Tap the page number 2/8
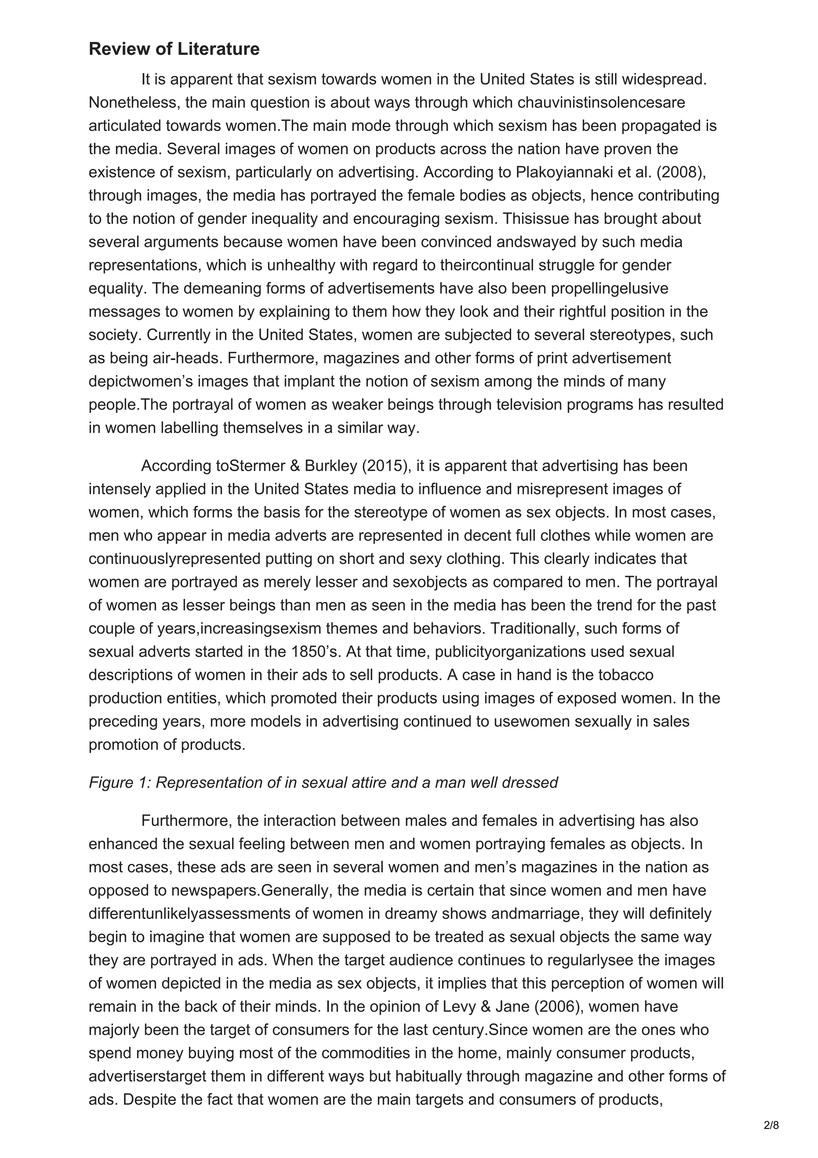(x=771, y=1125)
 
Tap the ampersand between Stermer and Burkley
(x=295, y=466)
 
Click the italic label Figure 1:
(x=120, y=782)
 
